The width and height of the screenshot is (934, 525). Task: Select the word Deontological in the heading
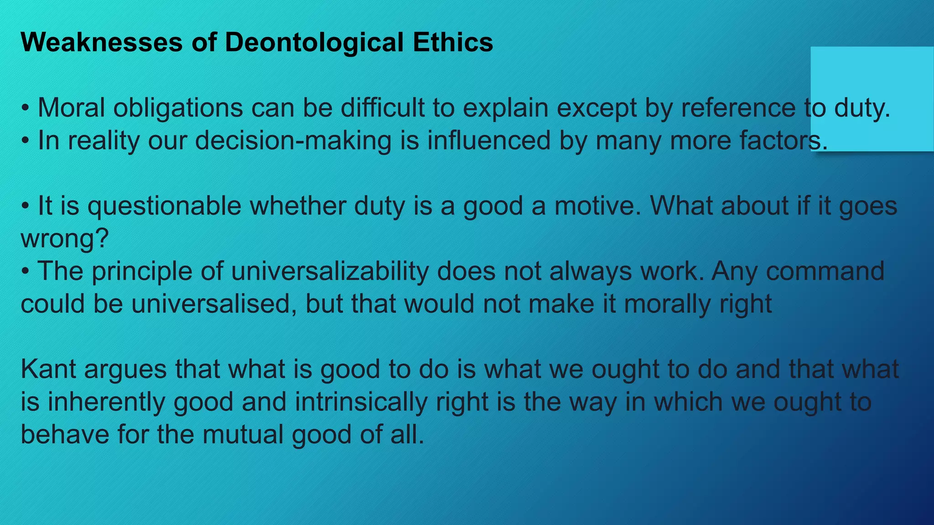314,42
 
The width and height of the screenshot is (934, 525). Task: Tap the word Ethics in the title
453,42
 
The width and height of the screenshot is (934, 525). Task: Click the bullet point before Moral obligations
26,109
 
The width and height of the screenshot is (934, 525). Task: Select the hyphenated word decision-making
293,141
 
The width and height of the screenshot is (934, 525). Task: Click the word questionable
164,206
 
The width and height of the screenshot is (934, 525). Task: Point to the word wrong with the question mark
64,239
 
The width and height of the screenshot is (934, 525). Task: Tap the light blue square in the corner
872,98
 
